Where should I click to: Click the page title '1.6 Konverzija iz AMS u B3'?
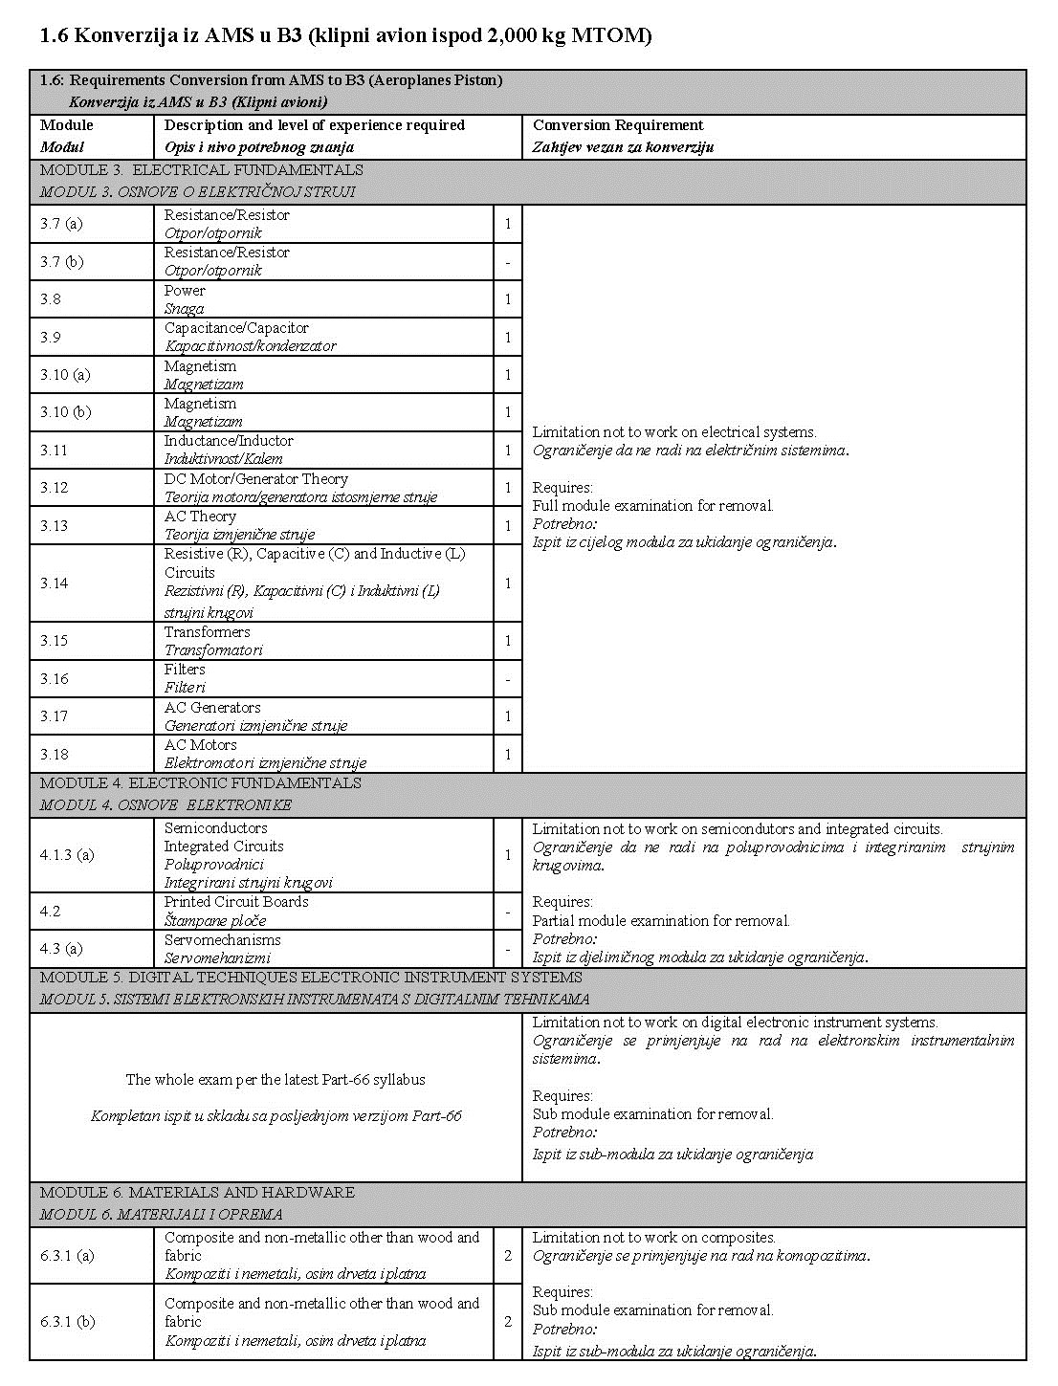click(345, 36)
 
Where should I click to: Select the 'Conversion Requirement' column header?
click(618, 125)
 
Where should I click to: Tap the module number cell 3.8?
click(51, 299)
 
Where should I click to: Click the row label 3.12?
click(55, 488)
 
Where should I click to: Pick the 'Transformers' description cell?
click(208, 632)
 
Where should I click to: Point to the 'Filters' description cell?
click(185, 670)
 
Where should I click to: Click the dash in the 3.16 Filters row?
click(508, 679)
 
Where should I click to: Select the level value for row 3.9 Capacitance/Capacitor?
click(508, 337)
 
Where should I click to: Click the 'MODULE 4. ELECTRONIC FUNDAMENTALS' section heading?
click(201, 783)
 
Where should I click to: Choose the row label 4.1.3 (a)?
click(67, 855)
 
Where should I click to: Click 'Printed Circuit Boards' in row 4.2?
click(236, 902)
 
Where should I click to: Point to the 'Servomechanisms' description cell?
click(222, 940)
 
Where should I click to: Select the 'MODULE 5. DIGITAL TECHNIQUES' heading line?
click(311, 978)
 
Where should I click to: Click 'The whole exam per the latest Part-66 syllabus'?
click(276, 1080)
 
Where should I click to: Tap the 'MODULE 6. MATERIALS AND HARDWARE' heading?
click(197, 1193)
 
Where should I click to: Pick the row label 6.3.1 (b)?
click(67, 1322)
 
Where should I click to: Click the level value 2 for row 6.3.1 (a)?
click(508, 1255)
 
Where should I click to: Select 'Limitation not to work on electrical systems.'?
click(674, 432)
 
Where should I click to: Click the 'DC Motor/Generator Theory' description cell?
click(256, 479)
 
